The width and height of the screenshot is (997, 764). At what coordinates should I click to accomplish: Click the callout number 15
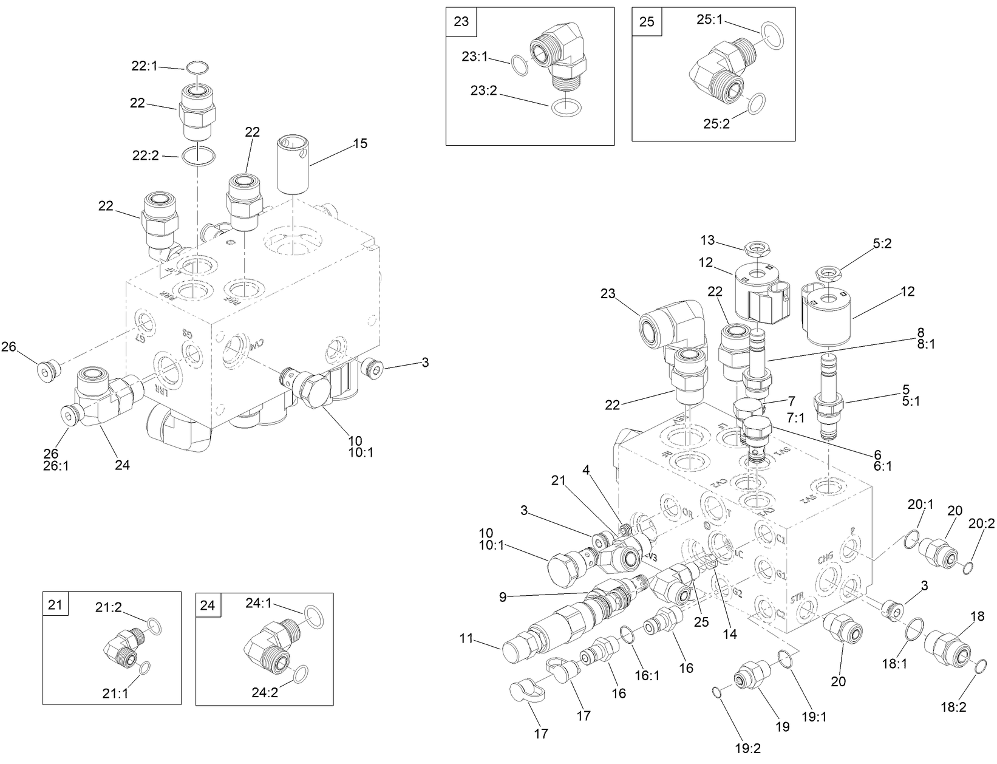coord(360,143)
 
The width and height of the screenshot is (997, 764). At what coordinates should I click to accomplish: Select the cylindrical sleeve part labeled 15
coord(294,165)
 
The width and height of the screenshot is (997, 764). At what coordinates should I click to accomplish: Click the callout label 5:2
coord(882,244)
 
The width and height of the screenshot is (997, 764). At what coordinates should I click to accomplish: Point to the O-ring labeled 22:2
coord(198,155)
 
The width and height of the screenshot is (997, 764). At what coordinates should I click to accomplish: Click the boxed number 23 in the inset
coord(461,21)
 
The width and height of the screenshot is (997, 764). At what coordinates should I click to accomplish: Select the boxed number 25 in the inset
coord(647,21)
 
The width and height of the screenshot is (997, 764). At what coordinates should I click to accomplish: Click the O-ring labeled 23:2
coord(566,107)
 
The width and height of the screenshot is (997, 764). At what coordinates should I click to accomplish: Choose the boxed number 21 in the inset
coord(55,605)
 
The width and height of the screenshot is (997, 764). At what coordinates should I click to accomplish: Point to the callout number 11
coord(466,638)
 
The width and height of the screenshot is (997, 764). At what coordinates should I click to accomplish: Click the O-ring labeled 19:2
coord(717,691)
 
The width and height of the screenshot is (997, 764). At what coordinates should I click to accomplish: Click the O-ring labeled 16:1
coord(627,635)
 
